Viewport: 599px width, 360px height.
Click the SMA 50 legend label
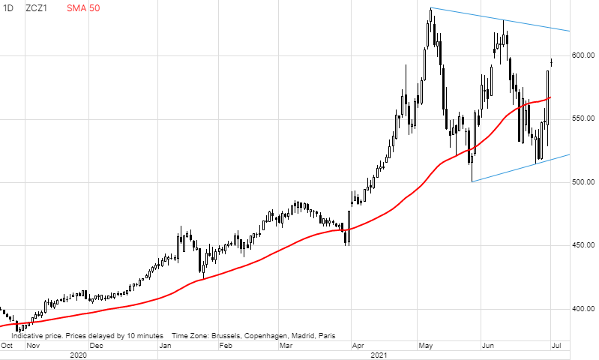(82, 8)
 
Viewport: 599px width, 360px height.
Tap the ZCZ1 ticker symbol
(38, 8)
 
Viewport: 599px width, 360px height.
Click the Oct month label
(7, 346)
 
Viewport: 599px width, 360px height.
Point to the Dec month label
(96, 346)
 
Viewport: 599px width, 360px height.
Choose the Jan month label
(166, 346)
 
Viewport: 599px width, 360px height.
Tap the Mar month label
(286, 346)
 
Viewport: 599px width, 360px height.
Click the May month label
(426, 346)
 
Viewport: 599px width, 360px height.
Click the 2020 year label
(79, 355)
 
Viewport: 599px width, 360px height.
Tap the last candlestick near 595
(552, 61)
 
